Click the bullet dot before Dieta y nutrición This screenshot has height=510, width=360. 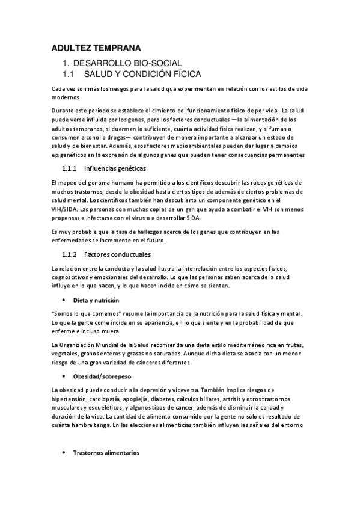[64, 300]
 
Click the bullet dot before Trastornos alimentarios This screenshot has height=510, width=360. [64, 453]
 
